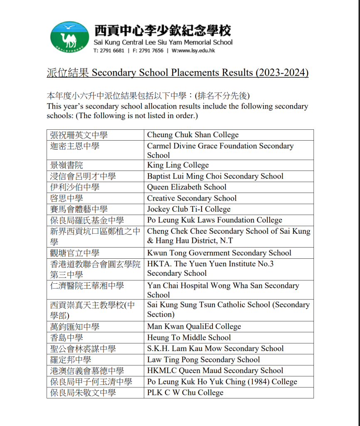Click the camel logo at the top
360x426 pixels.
pyautogui.click(x=69, y=37)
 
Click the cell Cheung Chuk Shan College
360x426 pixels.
pyautogui.click(x=193, y=135)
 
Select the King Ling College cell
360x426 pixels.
pyautogui.click(x=178, y=165)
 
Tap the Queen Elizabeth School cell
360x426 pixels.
pyautogui.click(x=187, y=187)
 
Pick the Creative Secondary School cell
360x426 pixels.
pyautogui.click(x=192, y=198)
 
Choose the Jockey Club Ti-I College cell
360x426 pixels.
pyautogui.click(x=189, y=209)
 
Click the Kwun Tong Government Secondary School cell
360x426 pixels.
pyautogui.click(x=219, y=253)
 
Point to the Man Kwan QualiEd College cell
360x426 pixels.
pyautogui.click(x=194, y=327)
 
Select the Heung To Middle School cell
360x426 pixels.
pyautogui.click(x=189, y=338)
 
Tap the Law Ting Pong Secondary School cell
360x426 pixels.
pyautogui.click(x=203, y=359)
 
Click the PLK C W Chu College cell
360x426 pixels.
pyautogui.click(x=185, y=392)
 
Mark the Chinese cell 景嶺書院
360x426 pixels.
pyautogui.click(x=67, y=165)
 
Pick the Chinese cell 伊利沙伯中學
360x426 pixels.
pyautogui.click(x=75, y=187)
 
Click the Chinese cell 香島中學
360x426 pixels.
pyautogui.click(x=67, y=338)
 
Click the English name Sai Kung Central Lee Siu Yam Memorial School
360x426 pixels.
pyautogui.click(x=163, y=42)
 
